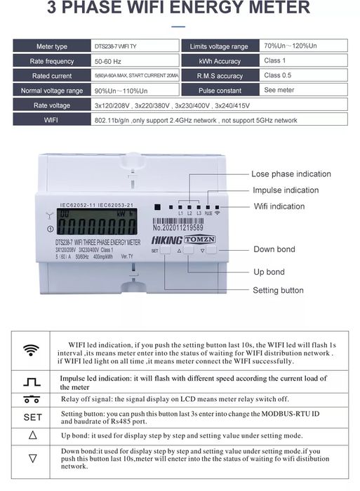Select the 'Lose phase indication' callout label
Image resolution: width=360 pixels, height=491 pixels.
tap(291, 174)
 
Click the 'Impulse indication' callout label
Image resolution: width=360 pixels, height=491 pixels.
tap(286, 190)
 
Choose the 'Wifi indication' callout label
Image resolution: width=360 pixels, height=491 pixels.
tap(279, 206)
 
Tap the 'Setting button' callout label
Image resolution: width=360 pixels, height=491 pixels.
tap(278, 290)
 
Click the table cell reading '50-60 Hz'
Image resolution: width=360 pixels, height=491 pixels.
tap(105, 61)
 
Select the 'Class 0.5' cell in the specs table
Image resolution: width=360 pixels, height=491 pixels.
tap(277, 75)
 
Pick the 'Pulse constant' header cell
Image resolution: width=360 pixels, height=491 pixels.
tap(219, 91)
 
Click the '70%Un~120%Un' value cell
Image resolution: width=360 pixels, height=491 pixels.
tap(290, 46)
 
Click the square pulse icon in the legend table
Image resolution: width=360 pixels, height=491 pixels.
tap(32, 382)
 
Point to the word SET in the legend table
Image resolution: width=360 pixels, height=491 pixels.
tap(32, 417)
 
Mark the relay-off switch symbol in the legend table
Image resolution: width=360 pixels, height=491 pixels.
tap(32, 400)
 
